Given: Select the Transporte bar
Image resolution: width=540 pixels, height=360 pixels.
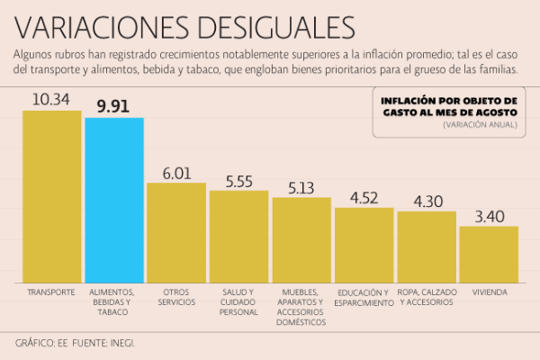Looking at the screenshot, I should [51, 197].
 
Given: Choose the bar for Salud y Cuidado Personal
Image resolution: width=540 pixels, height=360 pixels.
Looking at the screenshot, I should [238, 237].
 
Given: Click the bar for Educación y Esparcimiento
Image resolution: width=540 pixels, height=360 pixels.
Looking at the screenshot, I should [364, 246].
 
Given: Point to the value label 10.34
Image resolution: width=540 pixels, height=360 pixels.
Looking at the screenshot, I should [51, 98].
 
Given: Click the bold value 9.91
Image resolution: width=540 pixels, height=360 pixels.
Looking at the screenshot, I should [114, 105].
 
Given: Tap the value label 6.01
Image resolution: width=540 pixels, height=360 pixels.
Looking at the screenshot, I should [176, 172].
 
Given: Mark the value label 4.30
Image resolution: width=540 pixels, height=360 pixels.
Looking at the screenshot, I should [427, 202].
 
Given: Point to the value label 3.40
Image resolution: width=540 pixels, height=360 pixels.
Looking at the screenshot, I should [489, 216].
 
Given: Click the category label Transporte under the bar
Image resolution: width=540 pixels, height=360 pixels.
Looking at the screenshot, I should [51, 292].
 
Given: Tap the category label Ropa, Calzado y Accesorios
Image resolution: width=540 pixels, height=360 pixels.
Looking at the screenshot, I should [427, 298].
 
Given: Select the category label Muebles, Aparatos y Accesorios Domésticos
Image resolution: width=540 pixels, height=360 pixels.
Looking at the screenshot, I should [301, 307].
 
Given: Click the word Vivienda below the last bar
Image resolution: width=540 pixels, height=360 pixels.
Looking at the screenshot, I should [489, 292].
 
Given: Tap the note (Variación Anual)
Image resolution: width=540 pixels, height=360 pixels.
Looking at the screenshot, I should [480, 124].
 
